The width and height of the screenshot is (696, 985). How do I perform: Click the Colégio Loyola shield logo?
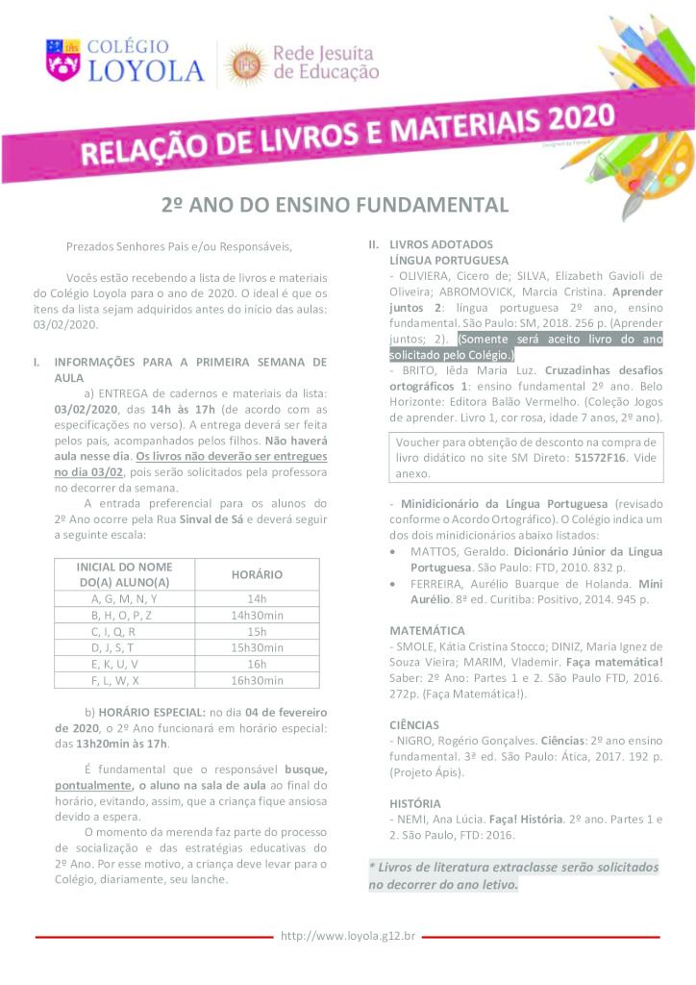click(x=64, y=59)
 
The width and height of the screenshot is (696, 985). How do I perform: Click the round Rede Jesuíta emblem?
click(x=244, y=63)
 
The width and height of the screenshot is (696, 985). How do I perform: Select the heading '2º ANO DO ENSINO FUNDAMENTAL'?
click(x=334, y=205)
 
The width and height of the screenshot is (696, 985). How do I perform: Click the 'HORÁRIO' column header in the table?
click(x=257, y=574)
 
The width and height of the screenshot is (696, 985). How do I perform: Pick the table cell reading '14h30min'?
click(x=257, y=615)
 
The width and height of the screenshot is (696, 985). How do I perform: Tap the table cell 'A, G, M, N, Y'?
click(x=123, y=598)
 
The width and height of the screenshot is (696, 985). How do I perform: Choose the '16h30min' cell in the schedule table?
click(x=257, y=680)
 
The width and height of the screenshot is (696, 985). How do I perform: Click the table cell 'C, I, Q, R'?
click(x=123, y=631)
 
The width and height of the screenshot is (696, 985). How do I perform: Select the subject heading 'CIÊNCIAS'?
click(x=415, y=724)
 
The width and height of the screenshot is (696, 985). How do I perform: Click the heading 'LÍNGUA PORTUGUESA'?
click(x=449, y=260)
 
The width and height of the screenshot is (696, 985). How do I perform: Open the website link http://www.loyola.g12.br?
click(x=348, y=935)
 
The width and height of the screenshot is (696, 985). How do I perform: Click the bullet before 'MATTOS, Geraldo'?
click(x=396, y=552)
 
